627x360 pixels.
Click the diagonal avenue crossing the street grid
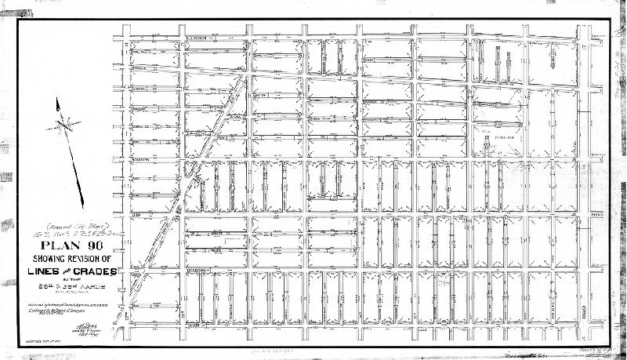tap(208, 157)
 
